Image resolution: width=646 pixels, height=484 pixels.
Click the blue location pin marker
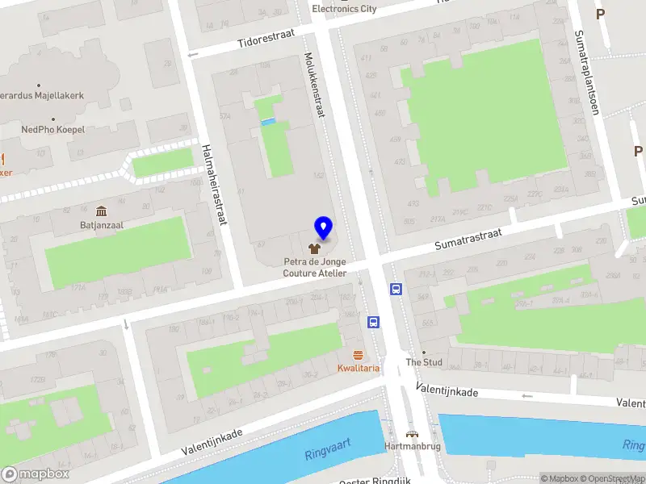pos(324,228)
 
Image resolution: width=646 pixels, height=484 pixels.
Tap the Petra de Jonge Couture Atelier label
pos(315,267)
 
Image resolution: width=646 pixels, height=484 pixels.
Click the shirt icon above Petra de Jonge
pos(315,249)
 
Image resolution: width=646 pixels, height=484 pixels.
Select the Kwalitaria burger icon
pos(358,356)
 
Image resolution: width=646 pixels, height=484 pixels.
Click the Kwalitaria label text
pos(358,369)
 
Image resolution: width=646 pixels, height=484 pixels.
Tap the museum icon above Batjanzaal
pos(101,211)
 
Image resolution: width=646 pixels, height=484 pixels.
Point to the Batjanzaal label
pos(101,225)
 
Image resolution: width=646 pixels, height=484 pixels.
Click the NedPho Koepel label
pos(53,129)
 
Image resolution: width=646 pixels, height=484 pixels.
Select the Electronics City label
pos(345,9)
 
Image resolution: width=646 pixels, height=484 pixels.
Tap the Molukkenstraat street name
pos(314,85)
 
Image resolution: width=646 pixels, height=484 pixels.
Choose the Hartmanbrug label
pos(413,447)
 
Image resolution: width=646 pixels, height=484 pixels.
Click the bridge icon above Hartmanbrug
pos(413,433)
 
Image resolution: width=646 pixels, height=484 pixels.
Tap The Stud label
pos(424,362)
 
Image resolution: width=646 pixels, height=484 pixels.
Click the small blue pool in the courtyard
pos(268,122)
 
